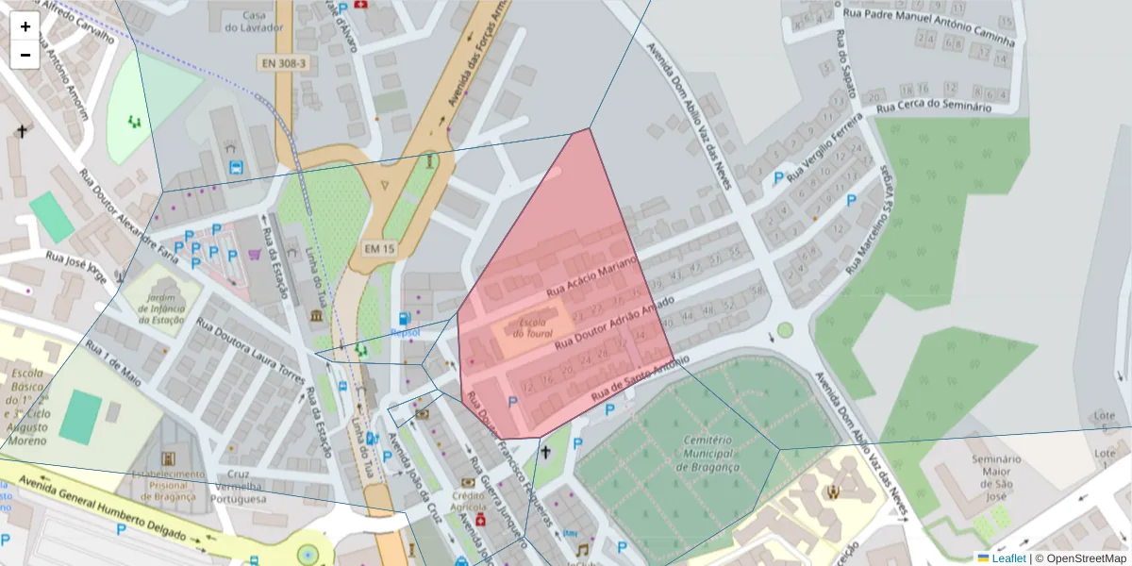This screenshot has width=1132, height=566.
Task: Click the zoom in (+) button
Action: [25, 26]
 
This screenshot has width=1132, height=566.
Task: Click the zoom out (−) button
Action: [25, 55]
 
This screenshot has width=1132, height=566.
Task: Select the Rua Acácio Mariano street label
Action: [593, 275]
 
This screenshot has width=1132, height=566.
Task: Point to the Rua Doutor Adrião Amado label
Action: [614, 325]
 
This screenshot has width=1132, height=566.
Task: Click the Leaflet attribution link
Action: [1008, 558]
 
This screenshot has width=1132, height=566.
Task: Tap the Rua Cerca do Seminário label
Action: [933, 108]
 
